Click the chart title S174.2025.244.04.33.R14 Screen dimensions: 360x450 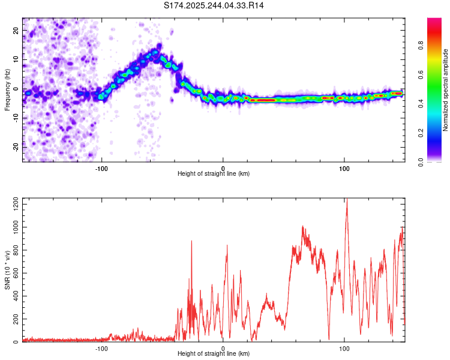coord(214,5)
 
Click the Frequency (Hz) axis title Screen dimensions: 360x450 coord(7,89)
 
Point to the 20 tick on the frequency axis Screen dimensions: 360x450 coord(17,32)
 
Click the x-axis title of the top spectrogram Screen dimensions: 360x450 coord(214,173)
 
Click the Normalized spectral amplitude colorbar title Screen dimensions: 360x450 coord(445,90)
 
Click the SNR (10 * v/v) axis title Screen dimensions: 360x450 coord(7,270)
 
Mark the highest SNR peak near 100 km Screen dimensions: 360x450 coord(346,199)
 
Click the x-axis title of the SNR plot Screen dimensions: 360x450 coord(214,353)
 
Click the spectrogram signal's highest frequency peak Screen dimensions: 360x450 coord(159,46)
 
